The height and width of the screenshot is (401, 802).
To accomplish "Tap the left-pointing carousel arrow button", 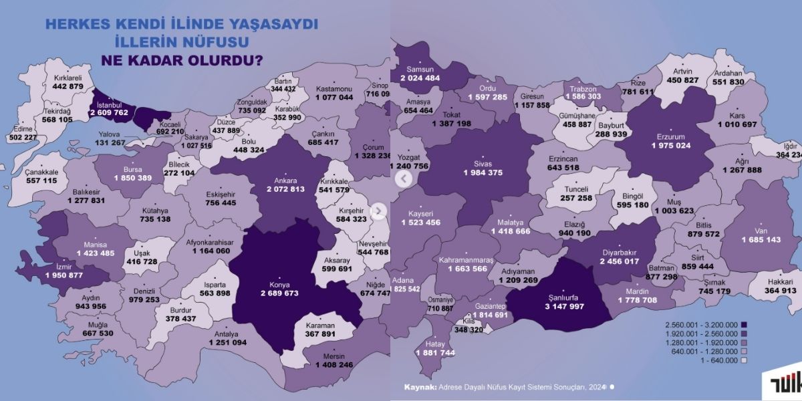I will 403,179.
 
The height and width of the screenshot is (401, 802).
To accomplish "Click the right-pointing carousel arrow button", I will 378,211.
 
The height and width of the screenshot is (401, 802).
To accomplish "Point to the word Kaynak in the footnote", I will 420,386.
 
